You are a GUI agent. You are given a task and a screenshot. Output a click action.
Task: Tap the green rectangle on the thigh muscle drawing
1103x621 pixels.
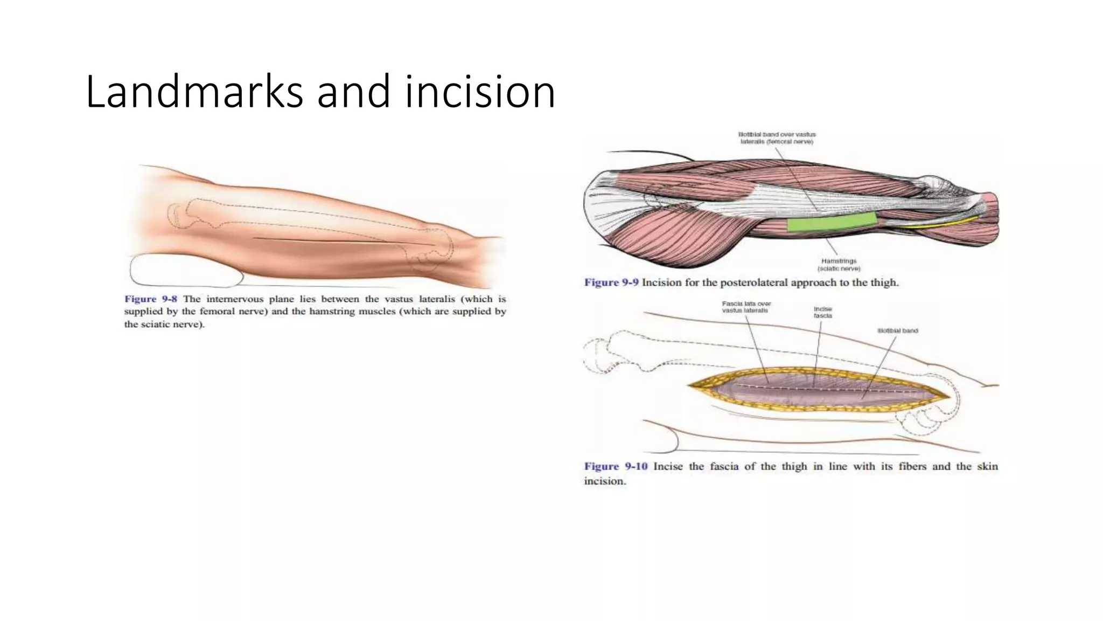832,222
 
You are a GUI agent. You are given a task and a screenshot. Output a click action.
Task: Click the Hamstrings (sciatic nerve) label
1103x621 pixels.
839,265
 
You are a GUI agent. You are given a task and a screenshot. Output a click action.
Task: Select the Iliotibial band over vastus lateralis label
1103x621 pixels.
777,138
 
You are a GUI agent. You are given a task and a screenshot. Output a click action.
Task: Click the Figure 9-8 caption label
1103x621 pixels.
150,299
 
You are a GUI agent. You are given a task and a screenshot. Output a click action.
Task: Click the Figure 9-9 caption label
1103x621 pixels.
611,282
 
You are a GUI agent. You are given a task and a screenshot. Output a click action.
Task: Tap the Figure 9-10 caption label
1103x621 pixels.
616,466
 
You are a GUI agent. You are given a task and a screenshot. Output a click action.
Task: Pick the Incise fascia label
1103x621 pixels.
822,312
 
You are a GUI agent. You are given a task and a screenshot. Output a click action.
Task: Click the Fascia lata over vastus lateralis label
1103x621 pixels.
746,307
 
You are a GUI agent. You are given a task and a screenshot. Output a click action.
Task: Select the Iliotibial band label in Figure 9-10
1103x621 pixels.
897,330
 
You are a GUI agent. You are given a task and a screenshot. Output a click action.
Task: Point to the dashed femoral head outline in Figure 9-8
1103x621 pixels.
178,216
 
